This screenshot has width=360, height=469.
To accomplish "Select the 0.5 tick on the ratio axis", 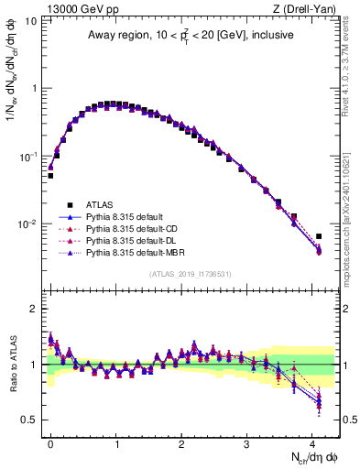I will pos(27,420).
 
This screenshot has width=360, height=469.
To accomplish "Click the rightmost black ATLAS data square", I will pos(319,236).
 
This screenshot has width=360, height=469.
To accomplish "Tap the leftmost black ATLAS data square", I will pos(50,175).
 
